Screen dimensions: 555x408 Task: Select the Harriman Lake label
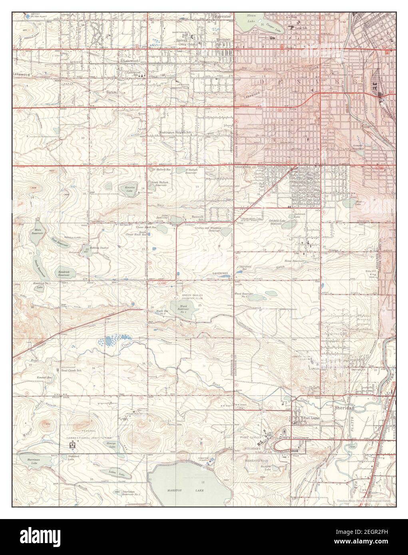coord(30,461)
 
